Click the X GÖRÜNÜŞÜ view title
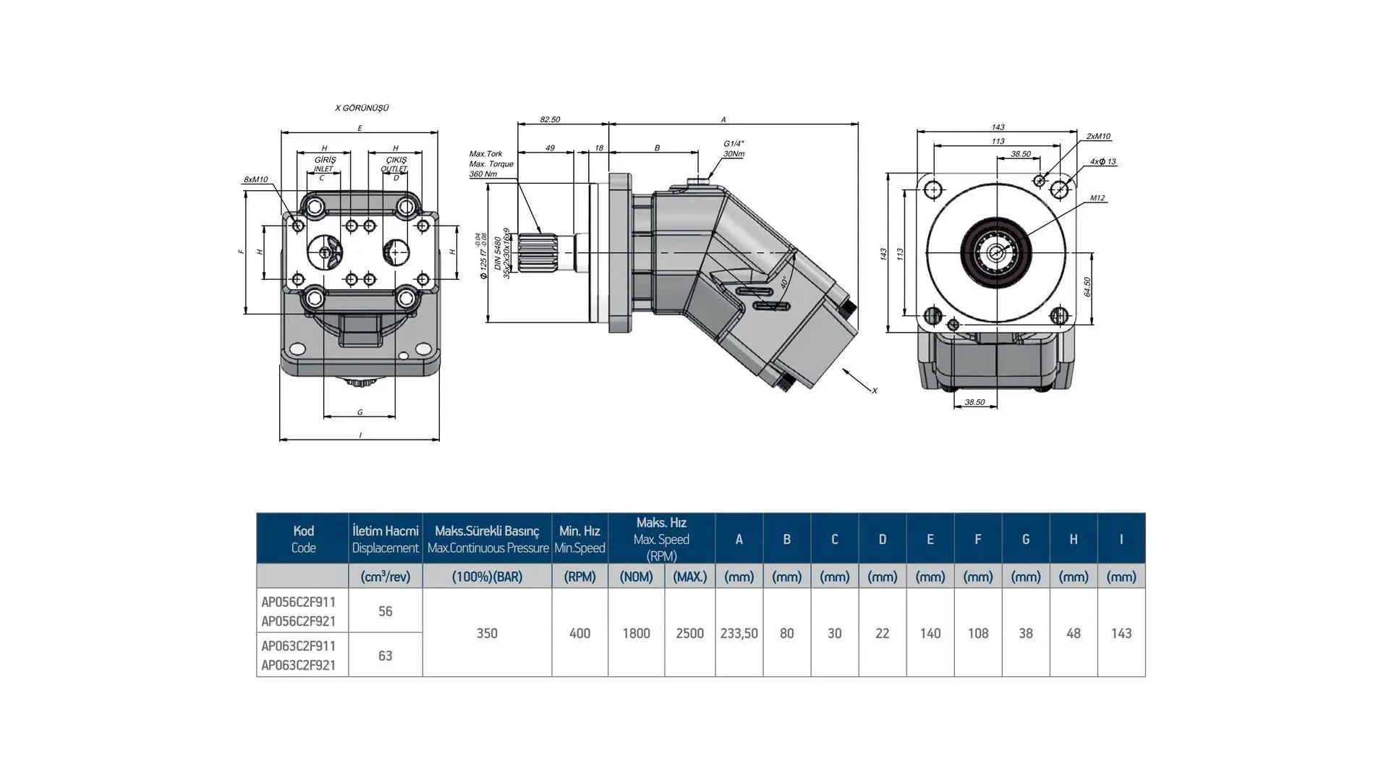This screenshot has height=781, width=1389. (x=362, y=108)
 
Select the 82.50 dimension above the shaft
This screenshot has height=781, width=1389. (x=550, y=119)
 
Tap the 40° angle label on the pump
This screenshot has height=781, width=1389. (x=783, y=282)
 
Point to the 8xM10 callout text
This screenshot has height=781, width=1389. (x=255, y=179)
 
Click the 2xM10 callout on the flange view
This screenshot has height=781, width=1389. (x=1097, y=136)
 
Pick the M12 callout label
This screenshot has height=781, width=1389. (x=1097, y=198)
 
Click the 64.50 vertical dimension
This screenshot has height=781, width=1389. (x=1087, y=286)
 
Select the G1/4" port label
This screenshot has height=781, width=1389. (x=733, y=144)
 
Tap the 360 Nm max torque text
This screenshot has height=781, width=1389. (x=483, y=174)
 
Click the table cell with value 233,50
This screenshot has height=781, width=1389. (x=739, y=633)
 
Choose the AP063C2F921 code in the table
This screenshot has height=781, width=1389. (x=299, y=665)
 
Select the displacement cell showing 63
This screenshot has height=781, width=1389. (x=385, y=655)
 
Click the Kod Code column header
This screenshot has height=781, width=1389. (x=303, y=539)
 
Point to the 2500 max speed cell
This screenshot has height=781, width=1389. (x=689, y=633)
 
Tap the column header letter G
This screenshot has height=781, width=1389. (x=1025, y=539)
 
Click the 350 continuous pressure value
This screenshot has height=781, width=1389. (x=487, y=633)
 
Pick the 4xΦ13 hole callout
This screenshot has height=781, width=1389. (x=1103, y=162)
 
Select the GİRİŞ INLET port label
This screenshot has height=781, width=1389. (x=325, y=164)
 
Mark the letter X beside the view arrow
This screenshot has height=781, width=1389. (x=874, y=390)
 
